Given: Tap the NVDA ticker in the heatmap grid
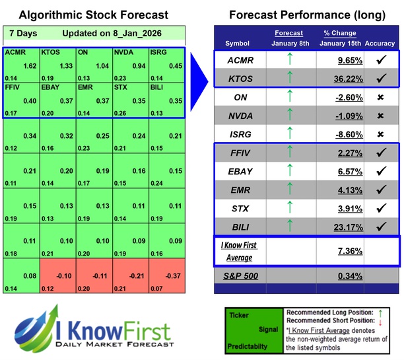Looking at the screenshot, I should pyautogui.click(x=123, y=52).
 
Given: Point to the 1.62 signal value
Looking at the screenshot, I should pyautogui.click(x=29, y=66).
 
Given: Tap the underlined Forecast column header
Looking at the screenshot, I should pyautogui.click(x=288, y=33).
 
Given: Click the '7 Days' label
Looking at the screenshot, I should pyautogui.click(x=23, y=33).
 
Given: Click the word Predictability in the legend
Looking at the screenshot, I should pyautogui.click(x=246, y=345).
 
